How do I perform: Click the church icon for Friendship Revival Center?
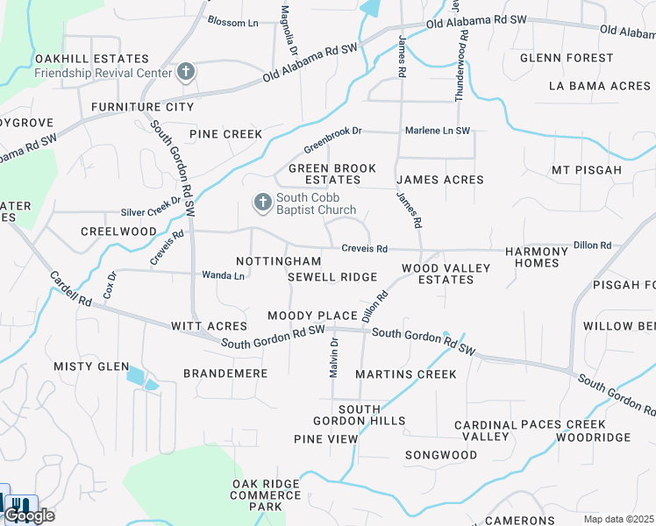click(x=186, y=72)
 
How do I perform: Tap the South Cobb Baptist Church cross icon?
click(x=262, y=203)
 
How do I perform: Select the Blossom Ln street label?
click(x=232, y=20)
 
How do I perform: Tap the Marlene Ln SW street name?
click(x=437, y=131)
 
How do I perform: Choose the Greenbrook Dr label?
click(x=332, y=138)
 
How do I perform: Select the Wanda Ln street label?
click(x=223, y=274)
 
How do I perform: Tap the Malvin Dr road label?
click(x=334, y=358)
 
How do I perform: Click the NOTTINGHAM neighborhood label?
click(x=279, y=261)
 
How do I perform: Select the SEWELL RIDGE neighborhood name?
click(x=332, y=277)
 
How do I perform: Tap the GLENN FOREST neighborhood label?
click(x=567, y=58)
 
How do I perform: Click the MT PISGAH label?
click(x=587, y=169)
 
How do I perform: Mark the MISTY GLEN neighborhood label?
click(x=91, y=366)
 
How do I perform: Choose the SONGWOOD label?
click(x=440, y=455)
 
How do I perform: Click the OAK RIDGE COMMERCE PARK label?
click(x=269, y=495)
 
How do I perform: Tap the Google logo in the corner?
click(x=30, y=515)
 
